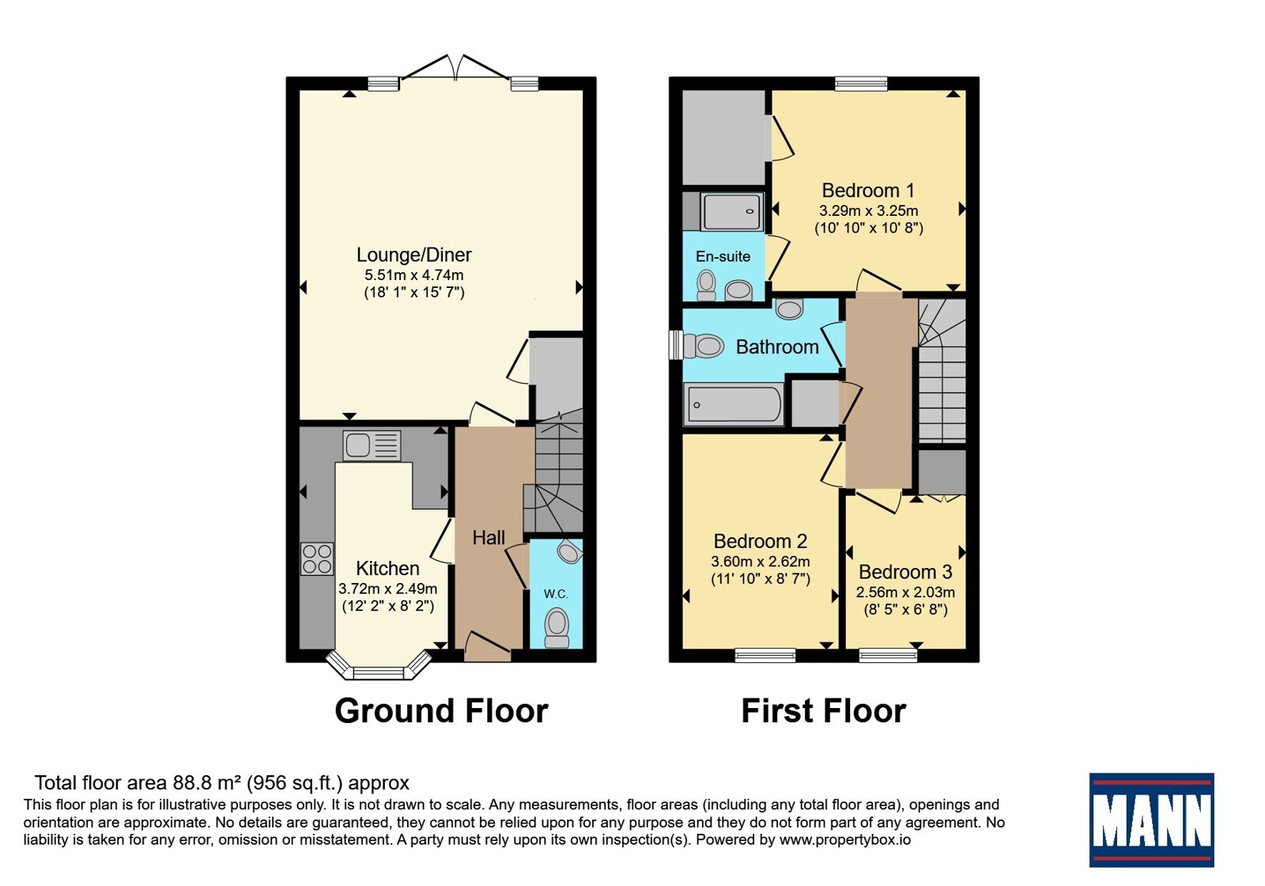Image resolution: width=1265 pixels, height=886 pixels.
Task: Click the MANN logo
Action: point(1151,820)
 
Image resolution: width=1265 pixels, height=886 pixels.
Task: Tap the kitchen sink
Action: point(372,445)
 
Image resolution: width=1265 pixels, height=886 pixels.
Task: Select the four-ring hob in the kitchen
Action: point(317,558)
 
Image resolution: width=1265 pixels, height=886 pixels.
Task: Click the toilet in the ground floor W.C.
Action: point(557,628)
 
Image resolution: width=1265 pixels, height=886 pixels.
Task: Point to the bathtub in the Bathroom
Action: point(734,404)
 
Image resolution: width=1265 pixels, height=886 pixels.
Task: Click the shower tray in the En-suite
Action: point(732,211)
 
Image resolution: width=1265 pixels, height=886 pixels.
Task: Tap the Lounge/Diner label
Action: point(414,254)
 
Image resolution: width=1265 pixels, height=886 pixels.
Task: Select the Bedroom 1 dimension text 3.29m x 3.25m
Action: point(869,210)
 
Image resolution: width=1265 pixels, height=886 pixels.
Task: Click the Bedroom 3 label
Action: point(905,572)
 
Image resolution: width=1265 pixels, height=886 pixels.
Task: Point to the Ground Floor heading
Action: point(442,710)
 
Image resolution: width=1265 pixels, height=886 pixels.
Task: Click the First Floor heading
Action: point(823,710)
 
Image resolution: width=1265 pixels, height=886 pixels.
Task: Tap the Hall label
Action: point(489,537)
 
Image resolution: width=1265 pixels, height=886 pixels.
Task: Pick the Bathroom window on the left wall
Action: point(676,345)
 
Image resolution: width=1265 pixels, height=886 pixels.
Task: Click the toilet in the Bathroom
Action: point(704,345)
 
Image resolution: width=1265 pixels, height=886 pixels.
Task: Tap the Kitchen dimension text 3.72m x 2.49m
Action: point(388,589)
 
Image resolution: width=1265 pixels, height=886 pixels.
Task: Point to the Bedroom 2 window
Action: point(765,655)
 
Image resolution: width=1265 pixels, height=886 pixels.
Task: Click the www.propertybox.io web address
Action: point(845,839)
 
